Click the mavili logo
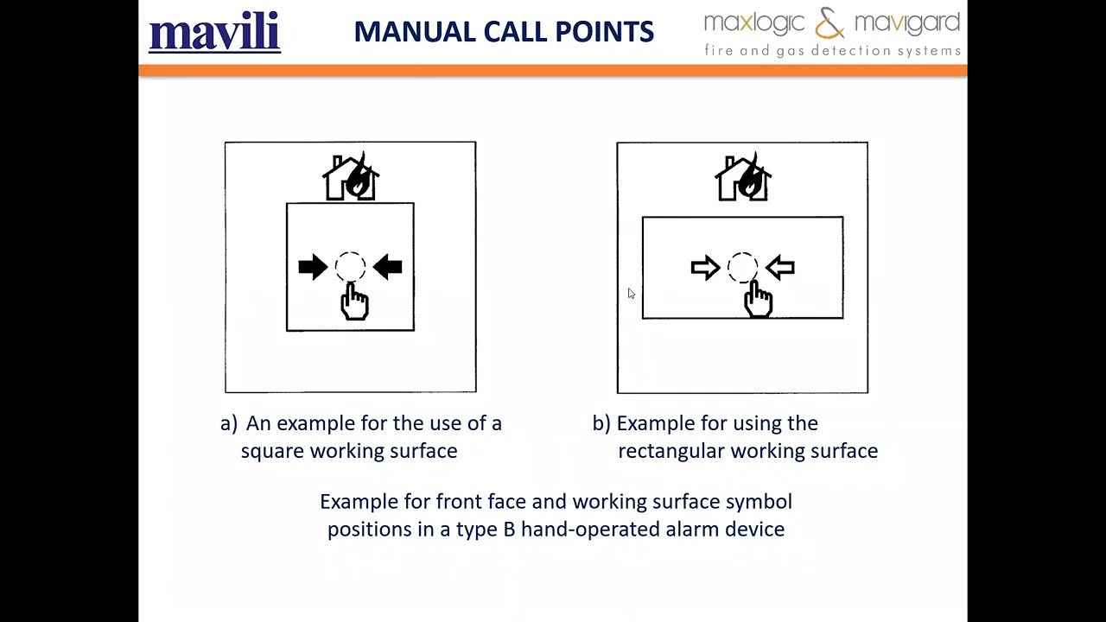tap(214, 32)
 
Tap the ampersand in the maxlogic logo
tap(829, 24)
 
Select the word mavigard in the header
tap(907, 24)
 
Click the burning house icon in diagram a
tap(351, 177)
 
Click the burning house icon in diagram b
tap(743, 177)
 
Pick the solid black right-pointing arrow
tap(313, 267)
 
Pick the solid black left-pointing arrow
tap(388, 267)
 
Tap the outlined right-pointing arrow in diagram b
tap(705, 268)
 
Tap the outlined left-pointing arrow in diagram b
tap(780, 268)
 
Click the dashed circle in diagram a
tap(350, 267)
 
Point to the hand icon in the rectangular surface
tap(758, 300)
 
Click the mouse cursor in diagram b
tap(631, 294)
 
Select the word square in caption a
tap(272, 451)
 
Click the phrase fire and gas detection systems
tap(832, 50)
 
